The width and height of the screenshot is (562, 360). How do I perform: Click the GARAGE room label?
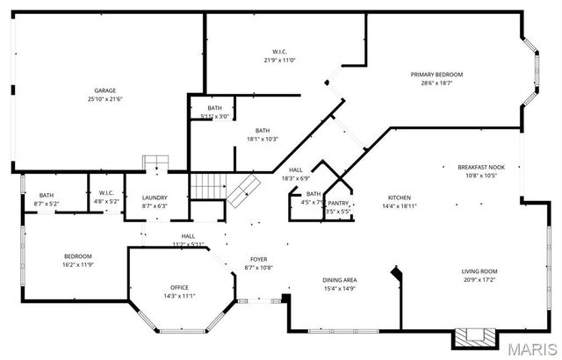click(x=105, y=90)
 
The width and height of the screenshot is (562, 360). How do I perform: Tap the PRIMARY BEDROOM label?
click(x=436, y=75)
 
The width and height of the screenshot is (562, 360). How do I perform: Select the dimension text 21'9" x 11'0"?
click(x=279, y=60)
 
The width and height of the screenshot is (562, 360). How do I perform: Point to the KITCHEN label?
click(x=400, y=198)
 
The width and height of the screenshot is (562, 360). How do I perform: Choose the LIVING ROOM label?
click(x=479, y=271)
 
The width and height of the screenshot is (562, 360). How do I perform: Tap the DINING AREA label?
click(x=339, y=280)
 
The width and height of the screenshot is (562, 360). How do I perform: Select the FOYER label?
click(x=259, y=259)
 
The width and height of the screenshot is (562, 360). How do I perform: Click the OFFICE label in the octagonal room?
click(x=179, y=287)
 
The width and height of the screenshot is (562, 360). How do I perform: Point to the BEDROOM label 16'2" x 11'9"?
click(x=77, y=256)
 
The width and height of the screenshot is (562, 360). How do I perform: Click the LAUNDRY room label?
click(x=155, y=198)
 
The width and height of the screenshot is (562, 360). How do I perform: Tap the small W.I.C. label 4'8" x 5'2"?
click(x=107, y=192)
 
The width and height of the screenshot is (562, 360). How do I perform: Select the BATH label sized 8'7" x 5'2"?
click(x=47, y=195)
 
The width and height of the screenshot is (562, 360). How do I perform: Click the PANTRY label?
click(x=338, y=203)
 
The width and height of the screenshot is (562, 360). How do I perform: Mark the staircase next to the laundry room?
click(x=208, y=185)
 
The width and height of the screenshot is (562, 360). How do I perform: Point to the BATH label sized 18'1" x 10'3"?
click(x=262, y=131)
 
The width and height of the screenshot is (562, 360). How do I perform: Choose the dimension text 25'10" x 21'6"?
click(x=105, y=99)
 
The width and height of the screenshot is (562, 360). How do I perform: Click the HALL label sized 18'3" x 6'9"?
click(x=295, y=170)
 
